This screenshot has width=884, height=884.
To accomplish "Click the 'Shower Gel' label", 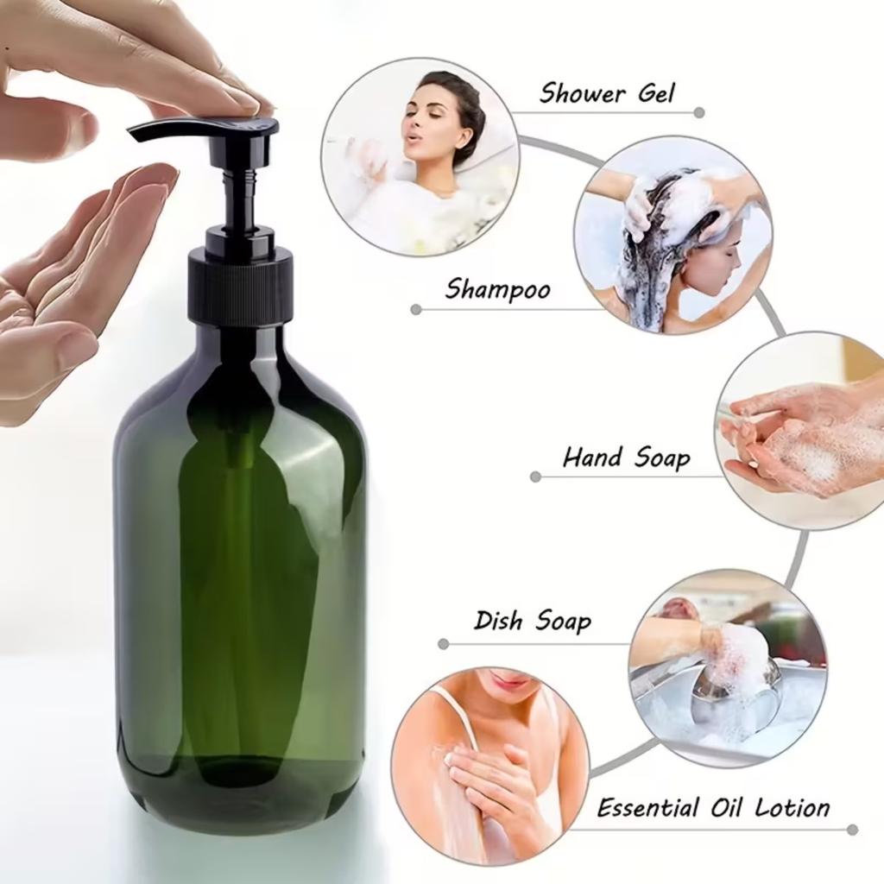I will [x=607, y=92].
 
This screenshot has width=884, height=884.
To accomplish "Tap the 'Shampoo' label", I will [x=497, y=289].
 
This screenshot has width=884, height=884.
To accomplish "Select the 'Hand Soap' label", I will [x=626, y=457].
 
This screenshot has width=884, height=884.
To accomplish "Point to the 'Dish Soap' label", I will [x=533, y=621].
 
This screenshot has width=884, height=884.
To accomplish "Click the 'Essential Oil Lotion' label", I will [x=713, y=808].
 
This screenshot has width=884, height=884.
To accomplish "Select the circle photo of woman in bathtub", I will [x=420, y=157].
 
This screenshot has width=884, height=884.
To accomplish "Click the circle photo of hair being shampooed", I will [x=673, y=235].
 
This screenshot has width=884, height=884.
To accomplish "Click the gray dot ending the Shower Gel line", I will [x=699, y=112].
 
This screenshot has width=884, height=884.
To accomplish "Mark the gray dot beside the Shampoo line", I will [x=416, y=309].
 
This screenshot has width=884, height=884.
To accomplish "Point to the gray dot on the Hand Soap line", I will [x=535, y=477].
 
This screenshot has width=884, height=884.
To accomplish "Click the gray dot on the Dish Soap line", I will [x=444, y=643].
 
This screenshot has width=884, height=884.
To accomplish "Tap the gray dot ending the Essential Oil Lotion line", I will [x=852, y=830].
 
